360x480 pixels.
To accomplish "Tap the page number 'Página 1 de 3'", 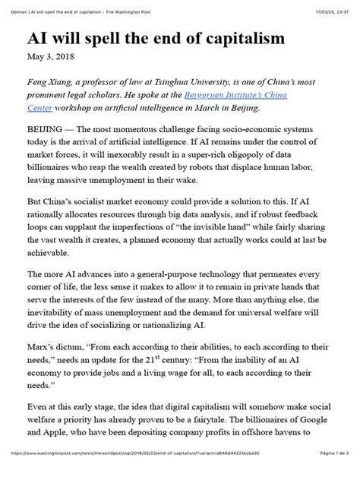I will tap(330, 474).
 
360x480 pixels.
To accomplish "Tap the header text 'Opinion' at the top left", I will tap(14, 6).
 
